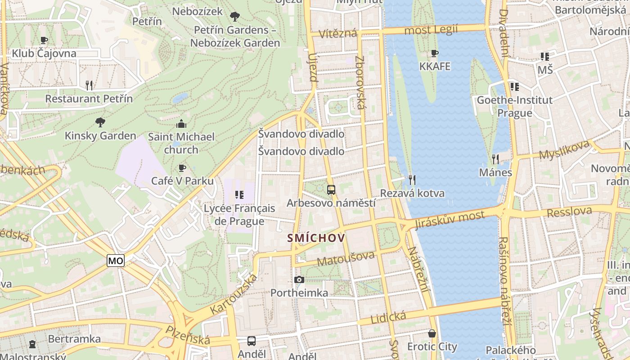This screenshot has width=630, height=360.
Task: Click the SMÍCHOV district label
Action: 316,238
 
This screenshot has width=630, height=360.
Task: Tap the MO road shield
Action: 116,261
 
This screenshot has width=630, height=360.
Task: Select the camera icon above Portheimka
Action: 299,280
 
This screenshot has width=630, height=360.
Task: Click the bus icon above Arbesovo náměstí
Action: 331,190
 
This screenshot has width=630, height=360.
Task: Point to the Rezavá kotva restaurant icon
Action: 412,180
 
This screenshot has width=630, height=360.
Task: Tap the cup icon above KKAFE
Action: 435,54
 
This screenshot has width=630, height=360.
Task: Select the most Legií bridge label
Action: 431,30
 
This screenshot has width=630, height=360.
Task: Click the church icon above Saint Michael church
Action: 182,124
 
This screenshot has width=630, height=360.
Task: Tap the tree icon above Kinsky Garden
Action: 100,122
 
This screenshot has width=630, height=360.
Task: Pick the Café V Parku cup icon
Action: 182,168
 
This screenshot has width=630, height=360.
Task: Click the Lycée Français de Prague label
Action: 239,215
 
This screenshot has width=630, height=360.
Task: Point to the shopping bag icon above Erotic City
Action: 432,333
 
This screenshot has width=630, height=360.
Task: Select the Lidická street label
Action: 388,318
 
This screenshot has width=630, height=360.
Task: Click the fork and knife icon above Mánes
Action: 495,159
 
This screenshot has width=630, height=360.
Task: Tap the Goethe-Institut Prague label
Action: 514,106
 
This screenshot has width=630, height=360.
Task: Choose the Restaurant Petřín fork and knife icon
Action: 89,85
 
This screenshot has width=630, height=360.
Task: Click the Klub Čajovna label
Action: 44,54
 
